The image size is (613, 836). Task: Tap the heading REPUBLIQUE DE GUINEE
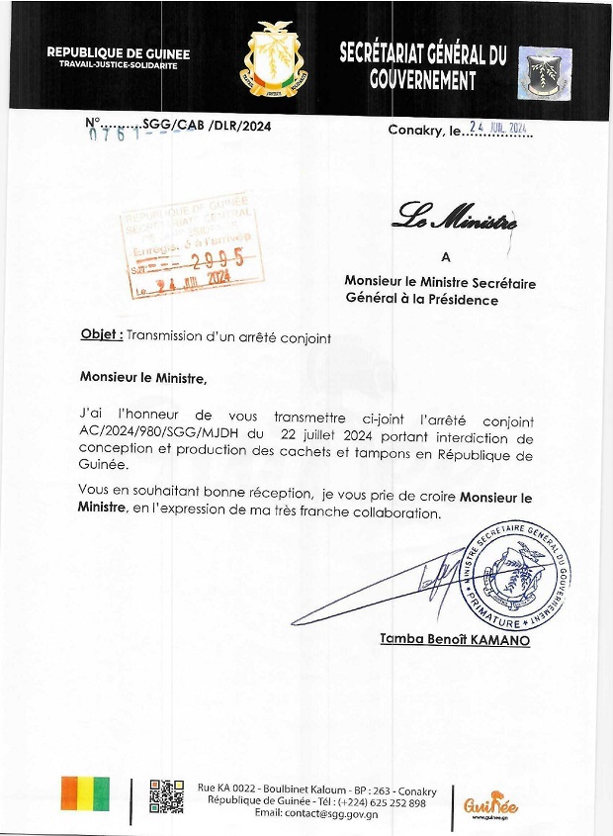pos(118,53)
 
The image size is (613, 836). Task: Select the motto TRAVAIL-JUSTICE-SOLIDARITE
pos(118,66)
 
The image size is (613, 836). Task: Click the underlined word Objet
pos(101,334)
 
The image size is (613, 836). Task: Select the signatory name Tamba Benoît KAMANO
pos(455,641)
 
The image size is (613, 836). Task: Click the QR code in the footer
pos(167,797)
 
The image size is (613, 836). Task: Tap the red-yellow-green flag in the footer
pos(85,793)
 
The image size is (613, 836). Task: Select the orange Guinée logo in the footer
pos(490,803)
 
